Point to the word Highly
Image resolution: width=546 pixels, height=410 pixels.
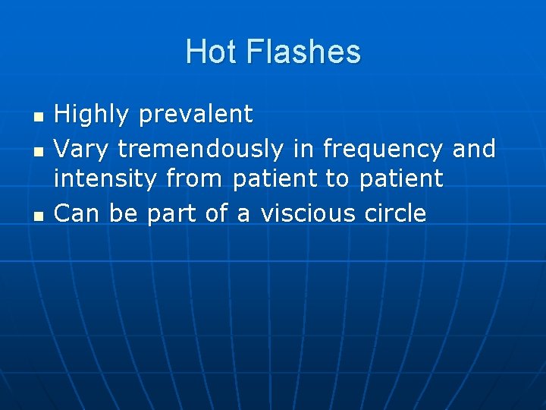point(92,115)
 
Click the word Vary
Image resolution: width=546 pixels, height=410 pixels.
point(82,149)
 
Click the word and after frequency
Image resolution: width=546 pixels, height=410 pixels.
point(473,148)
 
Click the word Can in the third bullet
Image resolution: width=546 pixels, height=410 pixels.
point(79,214)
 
